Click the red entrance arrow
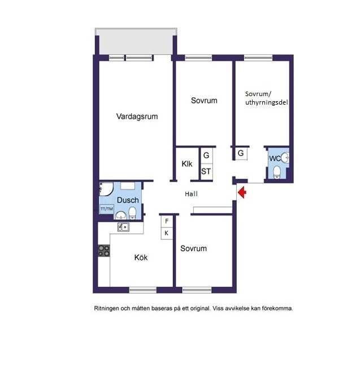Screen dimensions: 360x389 242,192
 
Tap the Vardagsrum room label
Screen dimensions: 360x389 137,116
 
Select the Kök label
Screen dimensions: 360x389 141,257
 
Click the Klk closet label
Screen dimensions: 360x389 187,164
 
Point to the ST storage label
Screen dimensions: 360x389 206,171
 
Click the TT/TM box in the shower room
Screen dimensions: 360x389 107,209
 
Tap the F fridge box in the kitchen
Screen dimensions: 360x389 167,221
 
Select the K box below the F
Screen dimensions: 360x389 167,233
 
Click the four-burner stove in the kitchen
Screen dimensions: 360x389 104,250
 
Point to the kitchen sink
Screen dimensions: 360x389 123,227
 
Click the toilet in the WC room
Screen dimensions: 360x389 277,172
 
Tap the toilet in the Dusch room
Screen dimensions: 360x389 132,213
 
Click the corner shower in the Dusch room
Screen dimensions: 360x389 106,189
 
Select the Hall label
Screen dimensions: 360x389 191,194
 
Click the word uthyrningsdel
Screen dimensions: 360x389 267,102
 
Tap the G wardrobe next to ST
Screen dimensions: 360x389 206,155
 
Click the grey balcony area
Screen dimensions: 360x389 136,41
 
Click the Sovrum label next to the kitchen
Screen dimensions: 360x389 193,248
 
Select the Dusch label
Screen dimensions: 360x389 128,200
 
